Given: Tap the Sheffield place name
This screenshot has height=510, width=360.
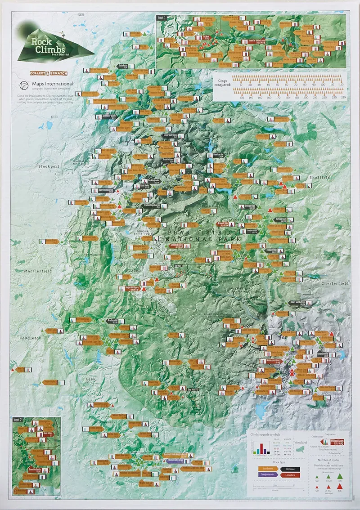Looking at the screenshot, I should tap(319, 177).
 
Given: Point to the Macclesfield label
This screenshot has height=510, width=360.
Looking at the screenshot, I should tap(39, 272).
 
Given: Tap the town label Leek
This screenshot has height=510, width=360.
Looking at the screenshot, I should tap(91, 379).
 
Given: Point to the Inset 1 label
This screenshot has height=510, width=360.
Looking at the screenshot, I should tap(162, 18).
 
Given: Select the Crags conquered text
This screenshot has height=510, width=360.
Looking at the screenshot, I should tap(223, 84).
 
